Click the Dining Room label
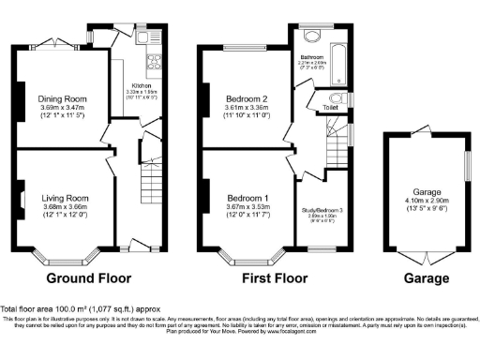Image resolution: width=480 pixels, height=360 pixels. [x=64, y=98]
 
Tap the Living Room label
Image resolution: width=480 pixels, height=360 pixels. [x=65, y=198]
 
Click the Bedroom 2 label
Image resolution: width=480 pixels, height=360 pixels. [x=245, y=98]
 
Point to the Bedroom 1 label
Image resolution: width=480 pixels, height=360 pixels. [x=245, y=198]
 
